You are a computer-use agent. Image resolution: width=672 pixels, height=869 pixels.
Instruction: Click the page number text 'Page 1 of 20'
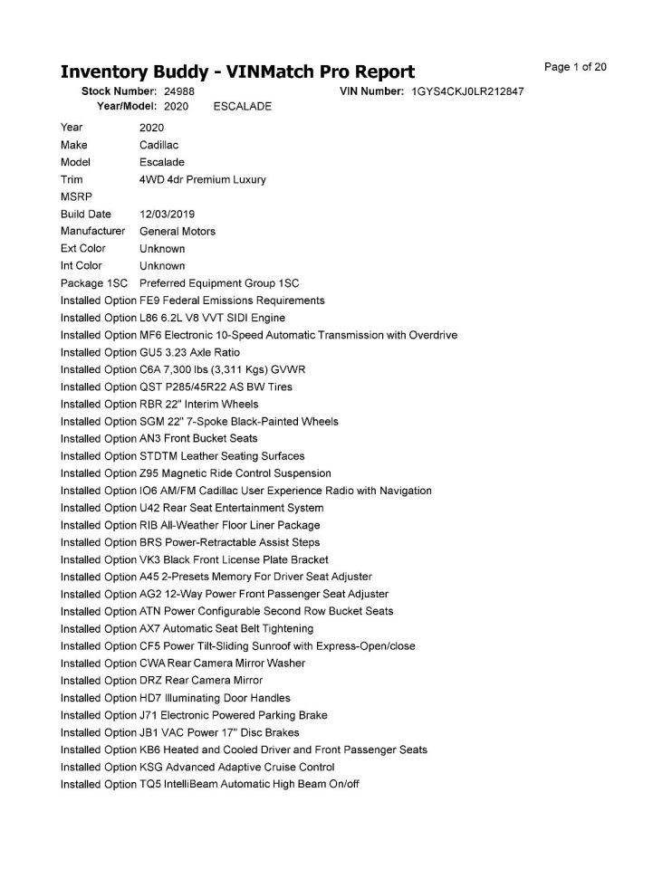click(x=575, y=67)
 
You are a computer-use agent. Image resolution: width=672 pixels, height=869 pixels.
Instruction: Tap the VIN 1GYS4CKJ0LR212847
click(x=467, y=92)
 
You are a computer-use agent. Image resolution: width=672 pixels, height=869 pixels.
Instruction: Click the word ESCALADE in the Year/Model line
click(x=242, y=107)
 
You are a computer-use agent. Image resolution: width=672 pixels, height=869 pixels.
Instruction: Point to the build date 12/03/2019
click(x=167, y=215)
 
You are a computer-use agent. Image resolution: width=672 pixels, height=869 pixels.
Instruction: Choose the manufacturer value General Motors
click(x=178, y=232)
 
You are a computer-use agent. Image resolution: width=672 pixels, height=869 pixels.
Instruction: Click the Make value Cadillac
click(x=159, y=145)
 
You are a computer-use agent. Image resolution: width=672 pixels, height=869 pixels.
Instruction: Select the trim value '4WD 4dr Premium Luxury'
click(x=203, y=180)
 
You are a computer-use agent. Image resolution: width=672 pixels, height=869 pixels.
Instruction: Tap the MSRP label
click(x=75, y=197)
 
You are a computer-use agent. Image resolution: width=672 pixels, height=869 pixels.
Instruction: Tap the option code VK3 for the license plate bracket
click(x=149, y=560)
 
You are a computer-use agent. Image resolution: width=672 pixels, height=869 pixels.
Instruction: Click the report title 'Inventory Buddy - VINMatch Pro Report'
click(x=237, y=72)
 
